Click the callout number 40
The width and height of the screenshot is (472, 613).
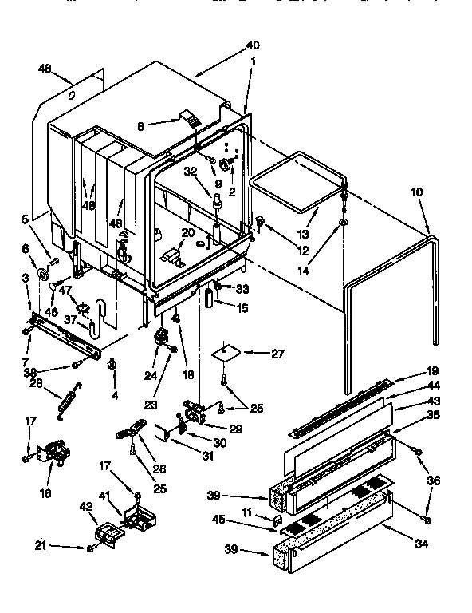pos(253,45)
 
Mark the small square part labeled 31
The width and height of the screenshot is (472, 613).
pos(163,433)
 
